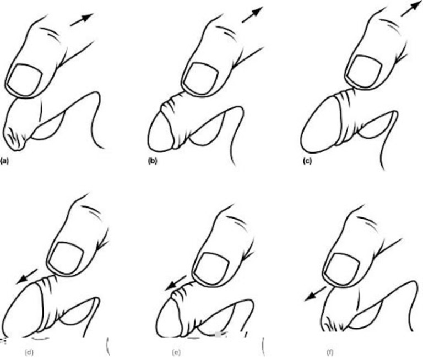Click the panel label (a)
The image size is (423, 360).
pos(5,161)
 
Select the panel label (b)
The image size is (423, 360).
pos(153,161)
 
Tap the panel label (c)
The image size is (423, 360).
pos(307,161)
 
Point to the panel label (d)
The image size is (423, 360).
pos(29,352)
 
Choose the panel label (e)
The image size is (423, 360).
pos(176,352)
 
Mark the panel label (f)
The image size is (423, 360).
pos(330,352)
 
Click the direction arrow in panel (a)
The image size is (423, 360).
pos(82,19)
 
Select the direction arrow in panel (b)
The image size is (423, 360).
pos(252,15)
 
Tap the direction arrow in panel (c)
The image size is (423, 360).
pos(411,9)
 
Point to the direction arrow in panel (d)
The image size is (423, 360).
pos(27,276)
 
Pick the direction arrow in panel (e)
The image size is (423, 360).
pos(176,283)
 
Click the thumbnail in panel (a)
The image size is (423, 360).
pos(24,80)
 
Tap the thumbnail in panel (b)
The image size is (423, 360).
pos(200,78)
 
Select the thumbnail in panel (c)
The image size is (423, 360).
pos(364,71)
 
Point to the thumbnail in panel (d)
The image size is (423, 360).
pos(66,258)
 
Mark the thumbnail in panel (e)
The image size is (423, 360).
pos(212,268)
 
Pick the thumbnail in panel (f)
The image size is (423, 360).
pos(342,269)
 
